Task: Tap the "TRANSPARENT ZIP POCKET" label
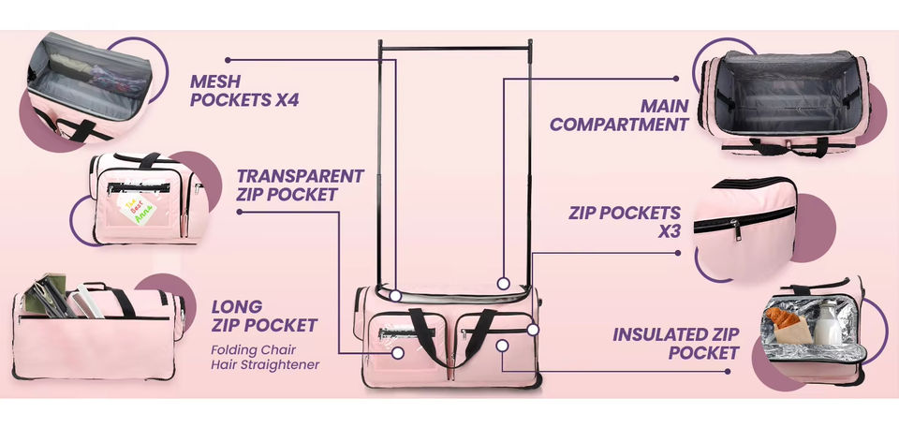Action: pos(300,184)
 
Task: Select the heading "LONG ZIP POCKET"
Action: pos(264,317)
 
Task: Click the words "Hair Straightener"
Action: pos(264,363)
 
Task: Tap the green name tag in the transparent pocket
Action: pos(136,209)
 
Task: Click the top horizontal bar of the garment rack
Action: pos(455,46)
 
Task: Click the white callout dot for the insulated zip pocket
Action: pos(503,346)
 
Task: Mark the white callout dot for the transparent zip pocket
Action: pos(397,353)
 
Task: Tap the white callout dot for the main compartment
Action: pos(503,283)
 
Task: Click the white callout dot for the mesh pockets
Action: pos(396,296)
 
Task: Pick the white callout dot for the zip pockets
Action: pos(533,330)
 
